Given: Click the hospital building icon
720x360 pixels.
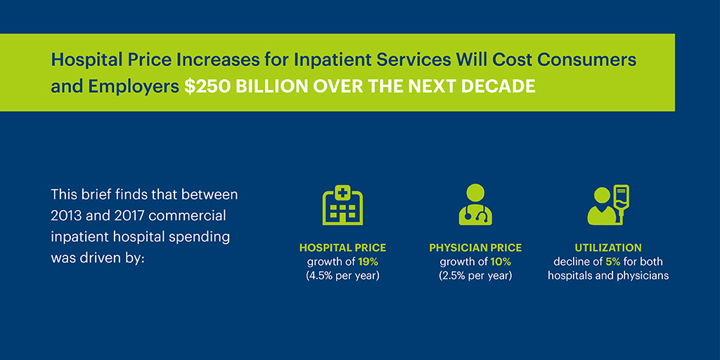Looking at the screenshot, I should pyautogui.click(x=342, y=205).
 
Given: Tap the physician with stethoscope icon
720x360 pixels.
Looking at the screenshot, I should pyautogui.click(x=475, y=205).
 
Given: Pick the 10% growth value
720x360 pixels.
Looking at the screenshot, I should pyautogui.click(x=501, y=262).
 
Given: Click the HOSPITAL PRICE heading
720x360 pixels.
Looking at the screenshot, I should pyautogui.click(x=342, y=248).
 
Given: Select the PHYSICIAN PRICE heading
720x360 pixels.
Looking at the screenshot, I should pyautogui.click(x=475, y=248).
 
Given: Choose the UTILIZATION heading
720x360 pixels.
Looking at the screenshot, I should pyautogui.click(x=608, y=248).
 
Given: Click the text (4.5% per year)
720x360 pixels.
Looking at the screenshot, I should pyautogui.click(x=342, y=275).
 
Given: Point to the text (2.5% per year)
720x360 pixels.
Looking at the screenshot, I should pyautogui.click(x=475, y=275).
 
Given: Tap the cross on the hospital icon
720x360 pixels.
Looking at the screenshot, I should pyautogui.click(x=342, y=191).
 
